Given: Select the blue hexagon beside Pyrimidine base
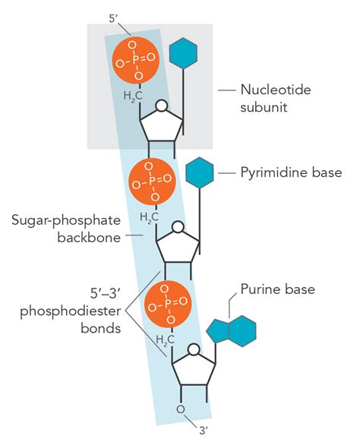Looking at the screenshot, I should click(x=201, y=173).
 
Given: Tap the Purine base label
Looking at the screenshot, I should click(x=277, y=289).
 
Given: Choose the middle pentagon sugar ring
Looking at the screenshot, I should click(x=177, y=245).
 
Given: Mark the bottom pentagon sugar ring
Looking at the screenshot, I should click(x=194, y=368).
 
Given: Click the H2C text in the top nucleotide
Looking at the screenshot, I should click(x=134, y=96).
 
